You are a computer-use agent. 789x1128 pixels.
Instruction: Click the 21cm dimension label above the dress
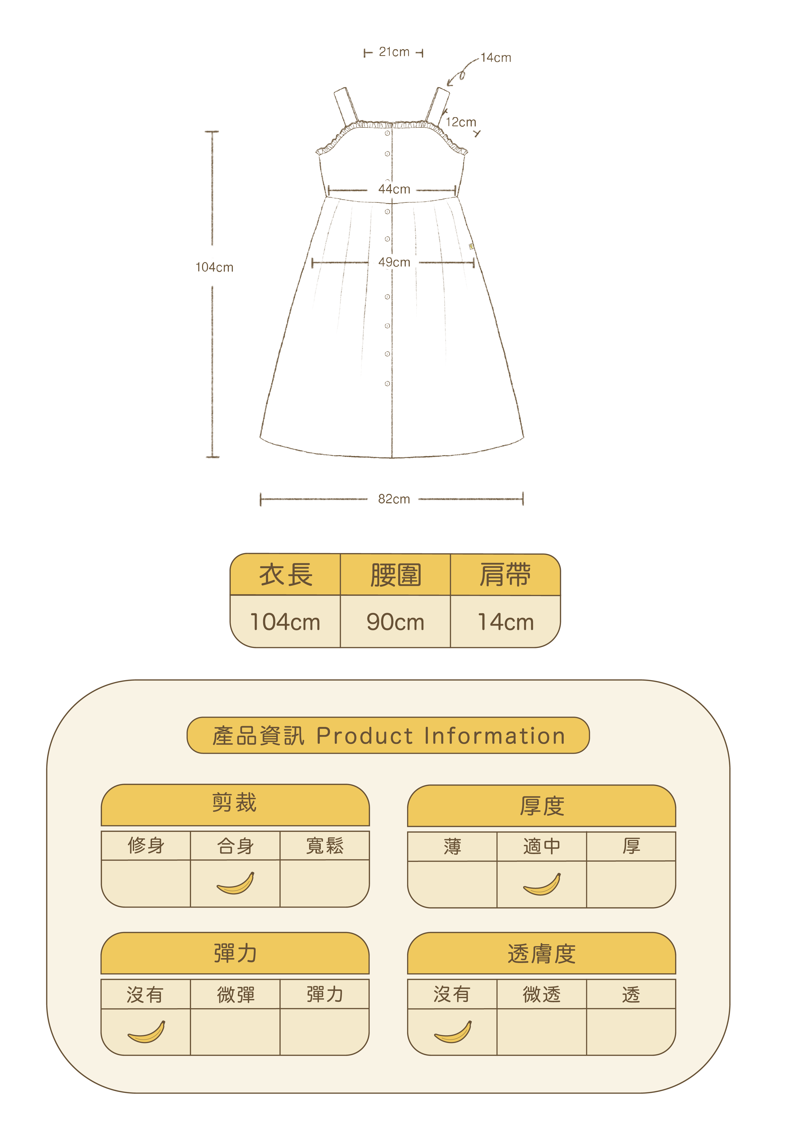[394, 52]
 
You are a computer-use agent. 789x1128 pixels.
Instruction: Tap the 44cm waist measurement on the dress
[394, 189]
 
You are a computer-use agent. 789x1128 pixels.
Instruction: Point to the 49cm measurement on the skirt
[394, 262]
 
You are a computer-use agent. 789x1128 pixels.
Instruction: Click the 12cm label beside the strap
[461, 122]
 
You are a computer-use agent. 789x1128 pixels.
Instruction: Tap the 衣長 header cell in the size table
[285, 575]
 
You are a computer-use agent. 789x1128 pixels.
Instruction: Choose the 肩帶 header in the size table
[505, 575]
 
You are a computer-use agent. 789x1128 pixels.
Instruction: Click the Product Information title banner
[388, 736]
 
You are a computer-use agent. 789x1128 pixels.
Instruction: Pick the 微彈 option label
[235, 994]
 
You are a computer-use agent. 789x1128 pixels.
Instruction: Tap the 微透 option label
[542, 994]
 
